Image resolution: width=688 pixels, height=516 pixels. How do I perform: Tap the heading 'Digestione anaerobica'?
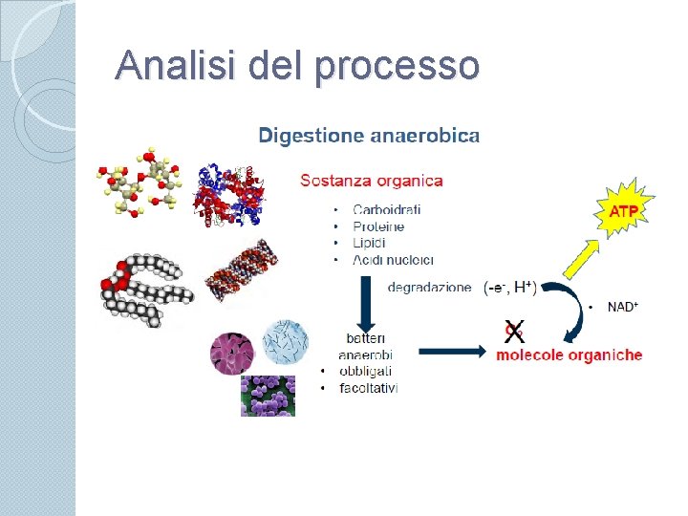pyautogui.click(x=369, y=136)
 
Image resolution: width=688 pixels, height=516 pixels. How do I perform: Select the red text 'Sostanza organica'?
pyautogui.click(x=372, y=180)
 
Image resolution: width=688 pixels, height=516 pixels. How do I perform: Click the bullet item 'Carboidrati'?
pyautogui.click(x=387, y=210)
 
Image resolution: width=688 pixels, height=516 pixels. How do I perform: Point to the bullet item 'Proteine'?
pyautogui.click(x=378, y=226)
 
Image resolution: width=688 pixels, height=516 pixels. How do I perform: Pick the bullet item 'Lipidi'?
pyautogui.click(x=370, y=243)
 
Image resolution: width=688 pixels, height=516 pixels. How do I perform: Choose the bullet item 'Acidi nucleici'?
pyautogui.click(x=393, y=260)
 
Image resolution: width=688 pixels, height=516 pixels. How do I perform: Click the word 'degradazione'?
pyautogui.click(x=429, y=287)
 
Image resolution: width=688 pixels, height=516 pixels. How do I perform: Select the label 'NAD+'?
pyautogui.click(x=622, y=307)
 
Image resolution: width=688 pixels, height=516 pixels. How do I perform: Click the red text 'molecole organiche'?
pyautogui.click(x=570, y=355)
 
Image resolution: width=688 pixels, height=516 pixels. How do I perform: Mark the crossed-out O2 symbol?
pyautogui.click(x=514, y=331)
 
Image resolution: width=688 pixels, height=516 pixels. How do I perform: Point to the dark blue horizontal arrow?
pyautogui.click(x=453, y=352)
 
